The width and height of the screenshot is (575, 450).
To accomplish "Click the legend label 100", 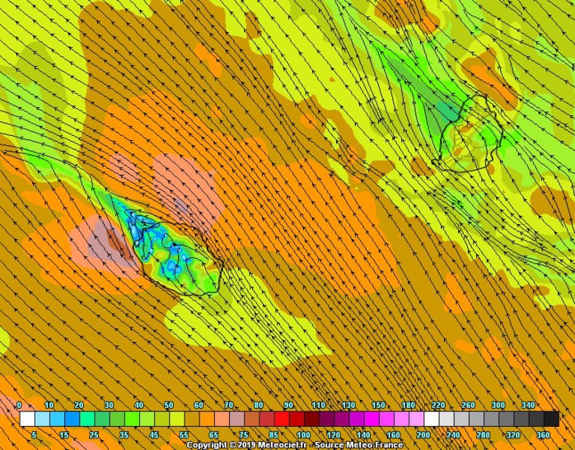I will [x=303, y=434].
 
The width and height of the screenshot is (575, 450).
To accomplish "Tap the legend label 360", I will [x=543, y=434].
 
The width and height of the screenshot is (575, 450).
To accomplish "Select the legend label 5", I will [x=35, y=434].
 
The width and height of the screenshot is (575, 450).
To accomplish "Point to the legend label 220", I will [x=438, y=405].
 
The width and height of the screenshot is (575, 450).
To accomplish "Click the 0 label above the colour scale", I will [x=20, y=405].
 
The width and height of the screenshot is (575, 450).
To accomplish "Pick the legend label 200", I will [x=423, y=434].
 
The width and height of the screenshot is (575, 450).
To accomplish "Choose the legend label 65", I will [x=214, y=434].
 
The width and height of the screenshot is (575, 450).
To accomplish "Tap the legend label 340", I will [x=528, y=405].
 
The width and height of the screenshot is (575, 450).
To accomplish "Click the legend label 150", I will [x=378, y=405].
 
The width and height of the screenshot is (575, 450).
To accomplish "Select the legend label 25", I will [x=94, y=434].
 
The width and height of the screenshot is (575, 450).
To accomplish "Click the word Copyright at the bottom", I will [x=208, y=445].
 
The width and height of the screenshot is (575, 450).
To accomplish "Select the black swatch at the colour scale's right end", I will [x=551, y=420].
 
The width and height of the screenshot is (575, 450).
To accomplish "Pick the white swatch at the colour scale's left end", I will [x=27, y=420].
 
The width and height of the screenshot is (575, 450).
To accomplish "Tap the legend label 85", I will [x=273, y=434].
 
